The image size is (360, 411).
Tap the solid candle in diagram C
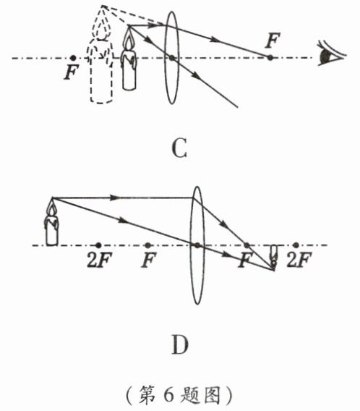[x=129, y=62]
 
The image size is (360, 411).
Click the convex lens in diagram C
[x=171, y=58]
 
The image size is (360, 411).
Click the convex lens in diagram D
[x=197, y=245]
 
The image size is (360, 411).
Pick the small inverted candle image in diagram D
[x=273, y=258]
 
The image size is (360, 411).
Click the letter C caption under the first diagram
[x=179, y=148]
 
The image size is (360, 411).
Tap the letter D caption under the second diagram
[x=180, y=344]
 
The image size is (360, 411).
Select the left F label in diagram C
[x=71, y=72]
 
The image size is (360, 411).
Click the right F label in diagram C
[x=273, y=41]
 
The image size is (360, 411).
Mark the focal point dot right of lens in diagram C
[x=270, y=57]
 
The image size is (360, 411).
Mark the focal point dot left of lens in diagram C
[x=73, y=58]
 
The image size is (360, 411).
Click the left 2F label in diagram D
[x=100, y=260]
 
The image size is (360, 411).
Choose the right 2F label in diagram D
[x=299, y=260]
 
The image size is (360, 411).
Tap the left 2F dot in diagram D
[x=98, y=245]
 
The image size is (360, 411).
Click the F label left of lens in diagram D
[x=148, y=260]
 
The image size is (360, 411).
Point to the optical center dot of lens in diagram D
[x=197, y=245]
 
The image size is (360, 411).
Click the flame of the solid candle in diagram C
[x=129, y=40]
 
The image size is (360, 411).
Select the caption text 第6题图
[x=179, y=395]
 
